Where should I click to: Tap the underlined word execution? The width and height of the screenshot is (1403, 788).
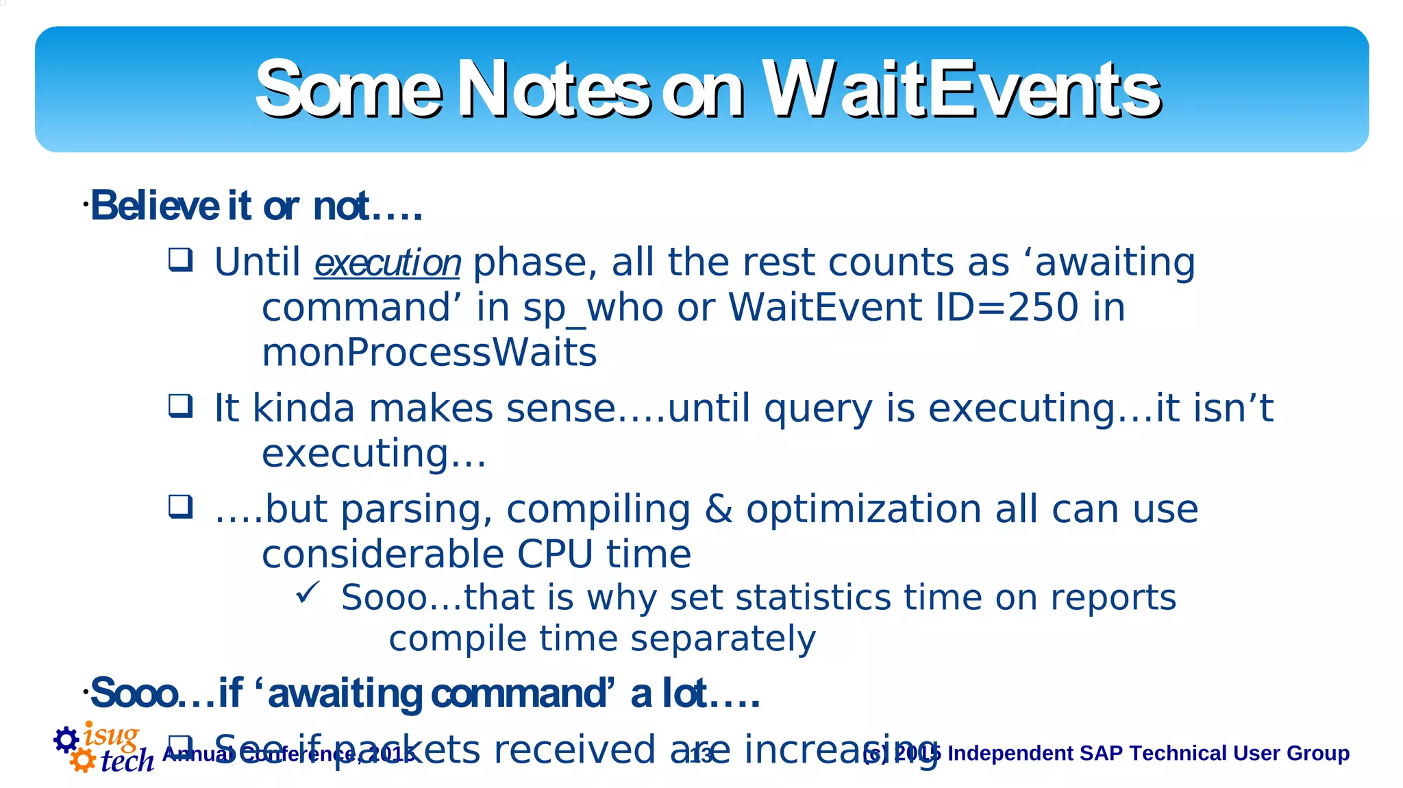(387, 264)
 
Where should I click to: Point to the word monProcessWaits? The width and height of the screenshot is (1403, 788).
(429, 353)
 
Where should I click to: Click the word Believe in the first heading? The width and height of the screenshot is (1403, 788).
(154, 206)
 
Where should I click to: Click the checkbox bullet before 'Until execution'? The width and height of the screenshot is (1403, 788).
(181, 260)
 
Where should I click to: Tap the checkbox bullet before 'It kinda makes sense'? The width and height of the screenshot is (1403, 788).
(181, 406)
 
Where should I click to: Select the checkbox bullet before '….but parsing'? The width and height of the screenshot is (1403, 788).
(181, 507)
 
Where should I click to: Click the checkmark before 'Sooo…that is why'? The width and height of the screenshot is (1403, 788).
(308, 593)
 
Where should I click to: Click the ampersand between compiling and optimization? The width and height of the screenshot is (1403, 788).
(718, 510)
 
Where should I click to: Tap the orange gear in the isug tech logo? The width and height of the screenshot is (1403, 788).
(83, 760)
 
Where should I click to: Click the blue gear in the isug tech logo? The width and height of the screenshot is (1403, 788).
(66, 739)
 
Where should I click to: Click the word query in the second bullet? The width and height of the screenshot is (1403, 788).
(818, 410)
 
